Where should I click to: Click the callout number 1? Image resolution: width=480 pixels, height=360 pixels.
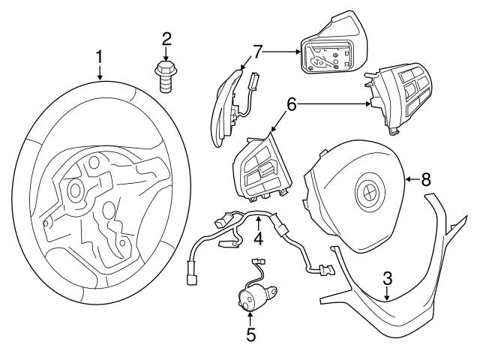(99, 56)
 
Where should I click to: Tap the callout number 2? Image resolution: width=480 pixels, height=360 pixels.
(166, 38)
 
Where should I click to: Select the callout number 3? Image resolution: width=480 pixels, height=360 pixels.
(386, 277)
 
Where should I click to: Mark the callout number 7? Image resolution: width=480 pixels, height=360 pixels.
(257, 52)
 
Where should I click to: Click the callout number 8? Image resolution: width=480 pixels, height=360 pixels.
(425, 178)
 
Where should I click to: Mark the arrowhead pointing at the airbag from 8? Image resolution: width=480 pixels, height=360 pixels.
(406, 179)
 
